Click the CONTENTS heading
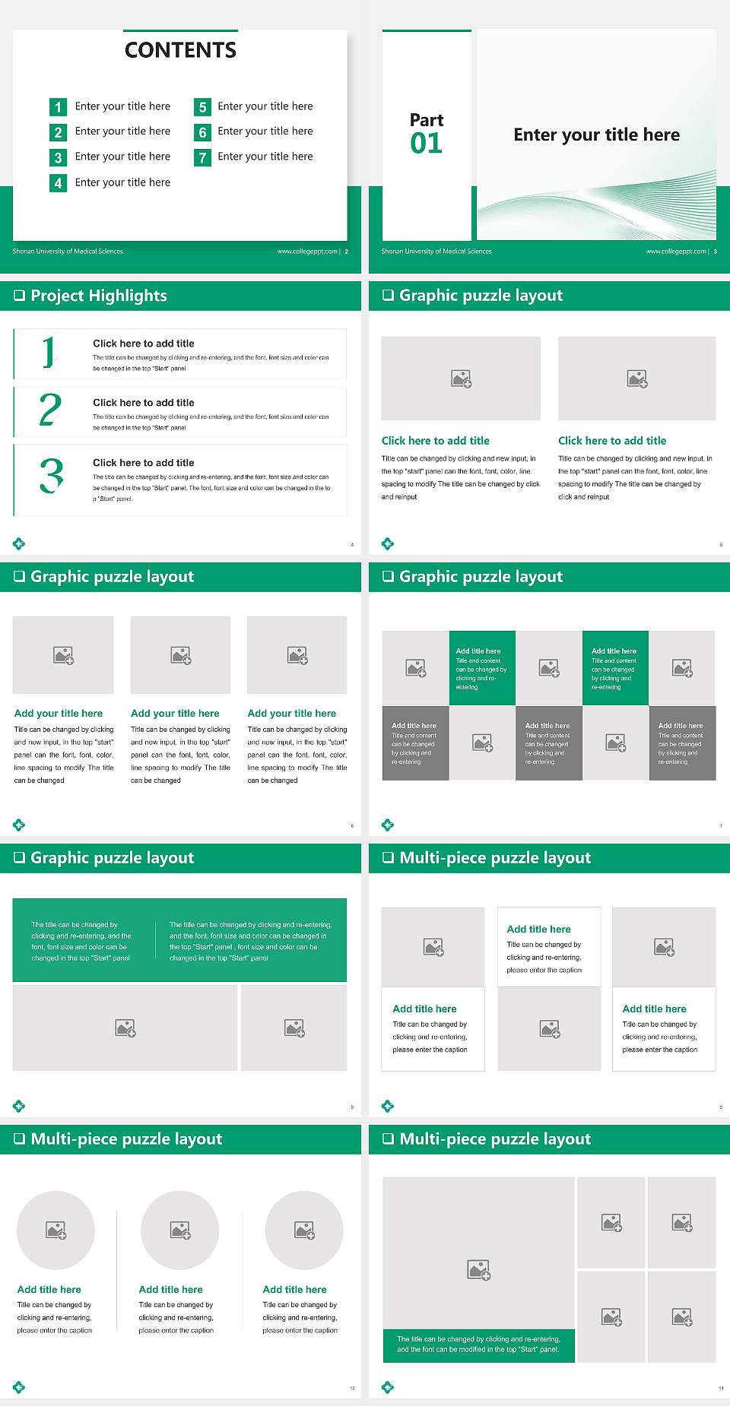(180, 50)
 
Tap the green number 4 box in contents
(58, 183)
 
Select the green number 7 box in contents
(202, 157)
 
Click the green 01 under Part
(426, 143)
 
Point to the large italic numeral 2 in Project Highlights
(50, 410)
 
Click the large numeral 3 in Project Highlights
(52, 477)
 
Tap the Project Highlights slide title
(98, 296)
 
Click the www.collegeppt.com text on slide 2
(307, 252)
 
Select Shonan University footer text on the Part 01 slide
(436, 252)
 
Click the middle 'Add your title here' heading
(175, 714)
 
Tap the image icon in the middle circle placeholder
(180, 1230)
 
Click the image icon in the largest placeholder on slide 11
(479, 1269)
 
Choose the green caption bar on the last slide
(478, 1344)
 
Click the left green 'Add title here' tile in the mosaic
(482, 668)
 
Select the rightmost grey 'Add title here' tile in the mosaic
(682, 743)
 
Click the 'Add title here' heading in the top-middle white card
(538, 929)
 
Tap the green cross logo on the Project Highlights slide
(19, 543)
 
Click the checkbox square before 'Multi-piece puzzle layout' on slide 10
(20, 1138)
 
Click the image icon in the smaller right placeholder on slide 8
(294, 1028)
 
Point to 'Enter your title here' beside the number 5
(265, 106)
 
